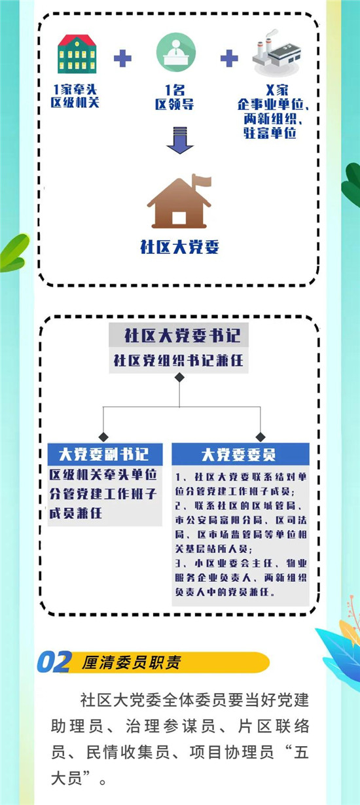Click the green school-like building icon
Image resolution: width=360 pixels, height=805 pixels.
click(77, 54)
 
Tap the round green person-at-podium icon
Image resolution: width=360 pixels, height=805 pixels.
click(175, 52)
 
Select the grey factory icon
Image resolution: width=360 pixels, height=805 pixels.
click(276, 53)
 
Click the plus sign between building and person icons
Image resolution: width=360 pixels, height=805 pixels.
click(122, 58)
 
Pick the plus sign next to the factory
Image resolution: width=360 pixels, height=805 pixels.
click(229, 58)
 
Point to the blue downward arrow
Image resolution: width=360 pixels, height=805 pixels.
click(180, 140)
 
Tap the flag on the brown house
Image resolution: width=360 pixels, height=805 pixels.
click(202, 181)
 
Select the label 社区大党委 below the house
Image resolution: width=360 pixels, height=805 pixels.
click(179, 247)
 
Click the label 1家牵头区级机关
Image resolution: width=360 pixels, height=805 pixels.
click(75, 96)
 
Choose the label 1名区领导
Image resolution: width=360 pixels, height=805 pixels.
click(175, 97)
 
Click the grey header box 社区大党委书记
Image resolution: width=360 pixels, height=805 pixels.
click(179, 335)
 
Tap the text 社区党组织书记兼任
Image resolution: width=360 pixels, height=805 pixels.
click(179, 360)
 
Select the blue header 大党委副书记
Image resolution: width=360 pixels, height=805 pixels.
click(105, 454)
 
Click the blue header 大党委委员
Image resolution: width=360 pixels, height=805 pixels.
click(240, 454)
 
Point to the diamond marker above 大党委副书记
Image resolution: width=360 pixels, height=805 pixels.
click(103, 437)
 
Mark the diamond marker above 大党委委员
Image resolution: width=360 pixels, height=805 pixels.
click(260, 437)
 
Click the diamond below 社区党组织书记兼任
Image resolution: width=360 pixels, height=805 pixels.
click(179, 378)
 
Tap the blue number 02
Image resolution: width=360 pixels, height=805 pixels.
click(54, 662)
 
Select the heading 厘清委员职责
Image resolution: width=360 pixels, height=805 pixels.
click(132, 663)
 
